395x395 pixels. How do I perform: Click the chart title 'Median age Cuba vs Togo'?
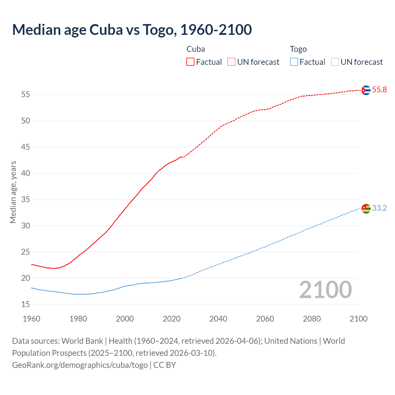(x=132, y=30)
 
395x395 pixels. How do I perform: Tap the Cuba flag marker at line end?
(x=366, y=90)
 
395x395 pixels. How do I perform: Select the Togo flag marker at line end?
(x=366, y=209)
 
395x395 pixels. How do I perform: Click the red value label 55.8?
(x=379, y=90)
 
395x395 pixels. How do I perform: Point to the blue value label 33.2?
(x=379, y=208)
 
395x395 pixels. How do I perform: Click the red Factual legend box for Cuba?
(x=190, y=62)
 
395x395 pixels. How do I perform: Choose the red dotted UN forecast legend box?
(x=231, y=62)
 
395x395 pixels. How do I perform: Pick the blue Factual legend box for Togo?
(x=294, y=62)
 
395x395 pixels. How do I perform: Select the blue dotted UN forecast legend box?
(x=335, y=62)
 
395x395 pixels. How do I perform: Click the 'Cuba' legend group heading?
(x=196, y=49)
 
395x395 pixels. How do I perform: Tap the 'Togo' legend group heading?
(x=298, y=49)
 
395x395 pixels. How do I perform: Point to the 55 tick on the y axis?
(x=26, y=94)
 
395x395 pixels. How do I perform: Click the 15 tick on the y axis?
(x=26, y=305)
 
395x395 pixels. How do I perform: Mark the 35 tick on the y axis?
(x=26, y=200)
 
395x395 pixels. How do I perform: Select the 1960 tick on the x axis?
(x=31, y=319)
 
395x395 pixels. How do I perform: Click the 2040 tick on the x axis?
(x=218, y=319)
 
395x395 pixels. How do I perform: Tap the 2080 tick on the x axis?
(x=312, y=319)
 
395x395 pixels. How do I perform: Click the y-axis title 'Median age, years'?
(x=13, y=192)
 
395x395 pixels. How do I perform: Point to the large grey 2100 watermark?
(x=325, y=290)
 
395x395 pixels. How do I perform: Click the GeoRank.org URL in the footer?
(x=80, y=365)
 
